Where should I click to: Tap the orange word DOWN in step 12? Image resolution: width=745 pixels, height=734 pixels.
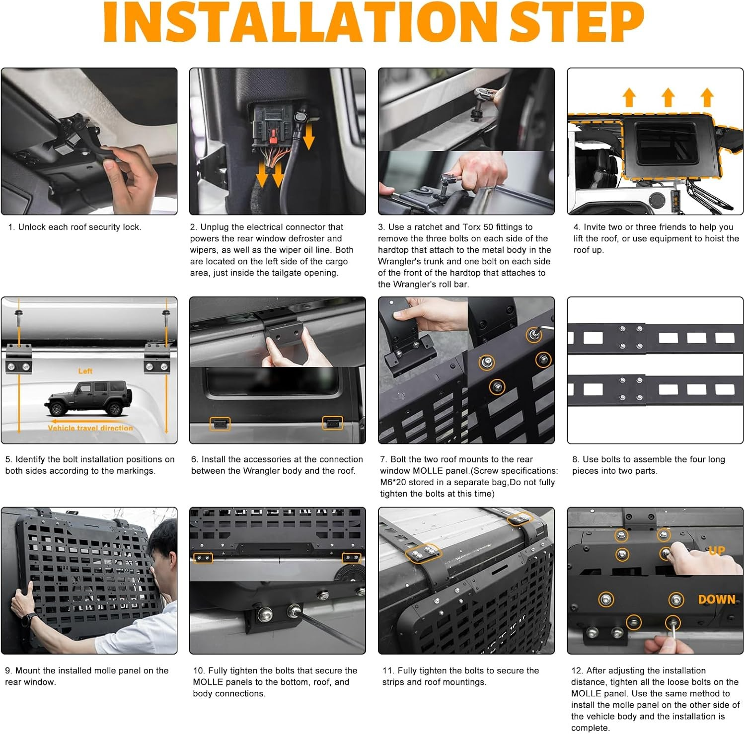717,599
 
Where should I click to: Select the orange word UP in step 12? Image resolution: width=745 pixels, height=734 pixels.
717,551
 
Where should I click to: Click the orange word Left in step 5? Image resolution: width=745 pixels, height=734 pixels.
85,371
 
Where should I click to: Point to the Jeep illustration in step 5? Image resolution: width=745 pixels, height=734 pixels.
89,398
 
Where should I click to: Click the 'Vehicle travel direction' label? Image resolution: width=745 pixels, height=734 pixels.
90,428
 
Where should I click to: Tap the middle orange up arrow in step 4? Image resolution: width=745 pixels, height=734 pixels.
669,97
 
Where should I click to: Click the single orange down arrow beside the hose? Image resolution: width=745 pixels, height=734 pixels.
309,137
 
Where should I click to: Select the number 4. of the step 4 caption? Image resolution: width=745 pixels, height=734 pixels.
577,227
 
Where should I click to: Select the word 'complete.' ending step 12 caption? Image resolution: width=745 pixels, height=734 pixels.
591,728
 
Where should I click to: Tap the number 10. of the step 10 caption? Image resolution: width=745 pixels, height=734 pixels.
199,670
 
